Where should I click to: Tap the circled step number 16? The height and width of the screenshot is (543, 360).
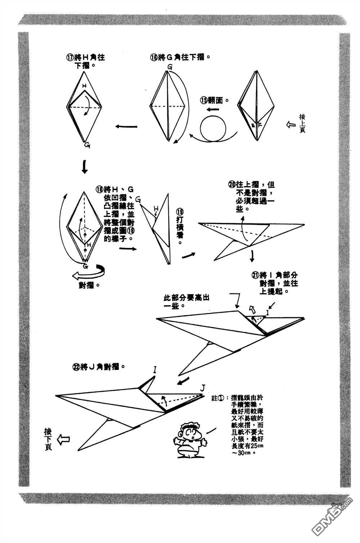coord(154,57)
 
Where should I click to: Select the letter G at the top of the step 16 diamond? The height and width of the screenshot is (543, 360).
coord(170,67)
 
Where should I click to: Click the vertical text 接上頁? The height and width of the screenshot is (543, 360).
coord(302,123)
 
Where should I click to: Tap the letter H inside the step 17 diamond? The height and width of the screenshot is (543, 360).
coord(84,86)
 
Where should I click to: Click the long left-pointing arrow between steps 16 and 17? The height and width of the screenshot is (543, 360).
coord(126,126)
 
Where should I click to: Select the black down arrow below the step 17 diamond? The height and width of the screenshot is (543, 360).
coord(84,167)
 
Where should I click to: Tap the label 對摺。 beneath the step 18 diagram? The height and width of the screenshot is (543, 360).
coord(89,285)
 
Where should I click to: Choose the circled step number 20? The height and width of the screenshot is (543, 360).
coord(231,185)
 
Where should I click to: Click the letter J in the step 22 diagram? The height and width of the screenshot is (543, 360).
coord(203,388)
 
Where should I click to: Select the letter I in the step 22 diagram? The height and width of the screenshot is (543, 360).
coord(154,369)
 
